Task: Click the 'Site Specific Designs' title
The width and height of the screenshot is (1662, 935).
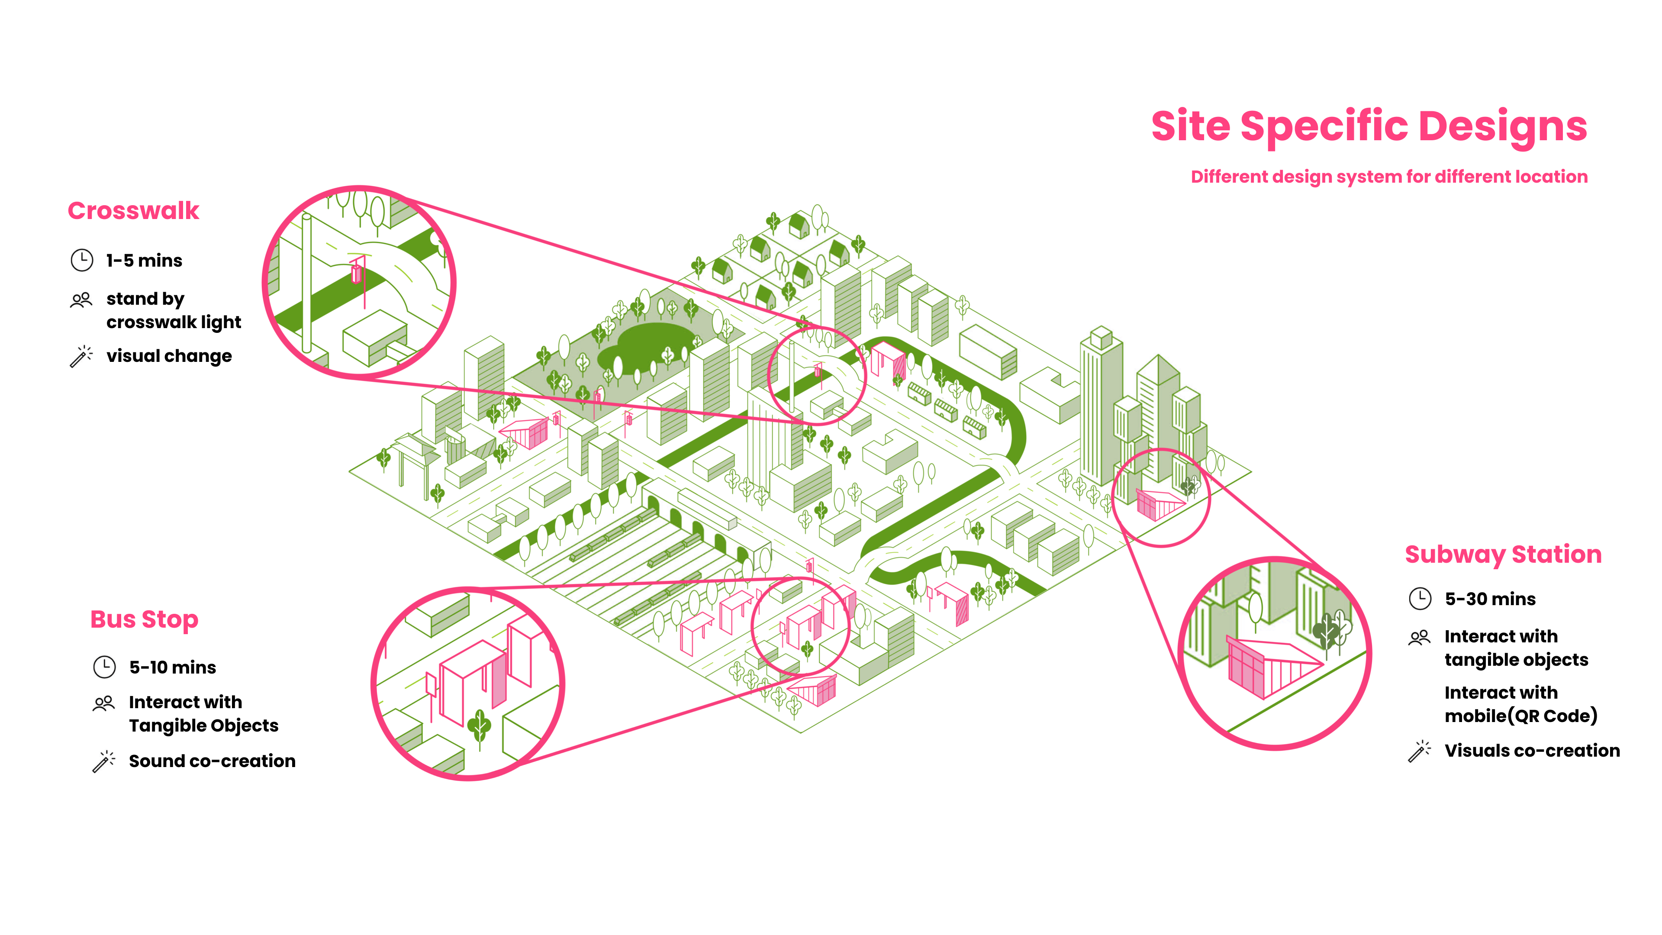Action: tap(1369, 126)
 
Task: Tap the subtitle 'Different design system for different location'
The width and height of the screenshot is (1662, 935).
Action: tap(1388, 177)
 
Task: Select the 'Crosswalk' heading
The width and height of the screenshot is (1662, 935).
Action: tap(134, 211)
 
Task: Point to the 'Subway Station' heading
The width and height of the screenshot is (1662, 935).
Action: tap(1503, 554)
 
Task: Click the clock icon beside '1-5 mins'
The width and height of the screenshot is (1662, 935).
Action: tap(82, 260)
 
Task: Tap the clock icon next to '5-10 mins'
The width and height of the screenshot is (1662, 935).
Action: tap(104, 667)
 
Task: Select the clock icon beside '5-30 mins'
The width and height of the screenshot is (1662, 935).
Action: tap(1420, 599)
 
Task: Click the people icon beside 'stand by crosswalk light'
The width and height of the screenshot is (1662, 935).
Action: tap(81, 300)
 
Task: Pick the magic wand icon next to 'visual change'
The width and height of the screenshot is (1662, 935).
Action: tap(81, 356)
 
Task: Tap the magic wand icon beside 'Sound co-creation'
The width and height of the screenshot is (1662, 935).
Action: tap(104, 761)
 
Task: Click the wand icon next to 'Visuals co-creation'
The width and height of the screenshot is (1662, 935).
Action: tap(1420, 751)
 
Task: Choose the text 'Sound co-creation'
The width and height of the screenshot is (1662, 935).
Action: tap(212, 761)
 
